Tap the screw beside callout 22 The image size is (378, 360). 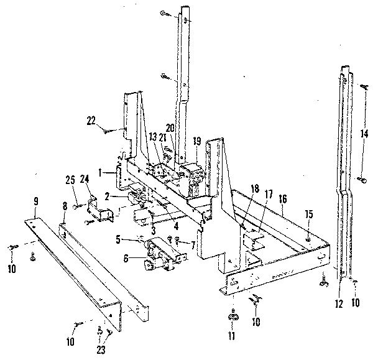pos(110,130)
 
